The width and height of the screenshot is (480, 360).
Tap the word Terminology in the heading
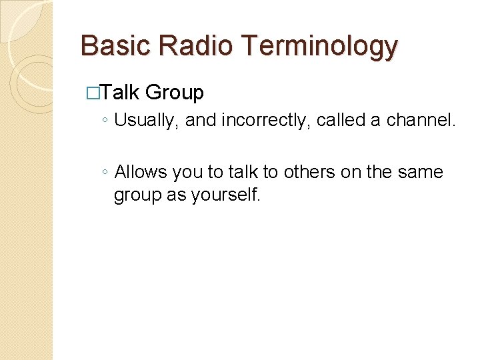320,46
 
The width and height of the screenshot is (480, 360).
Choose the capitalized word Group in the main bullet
174,92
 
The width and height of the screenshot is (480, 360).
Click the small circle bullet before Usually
105,121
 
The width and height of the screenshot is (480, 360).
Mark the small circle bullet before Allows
105,173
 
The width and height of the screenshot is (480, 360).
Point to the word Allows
141,172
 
